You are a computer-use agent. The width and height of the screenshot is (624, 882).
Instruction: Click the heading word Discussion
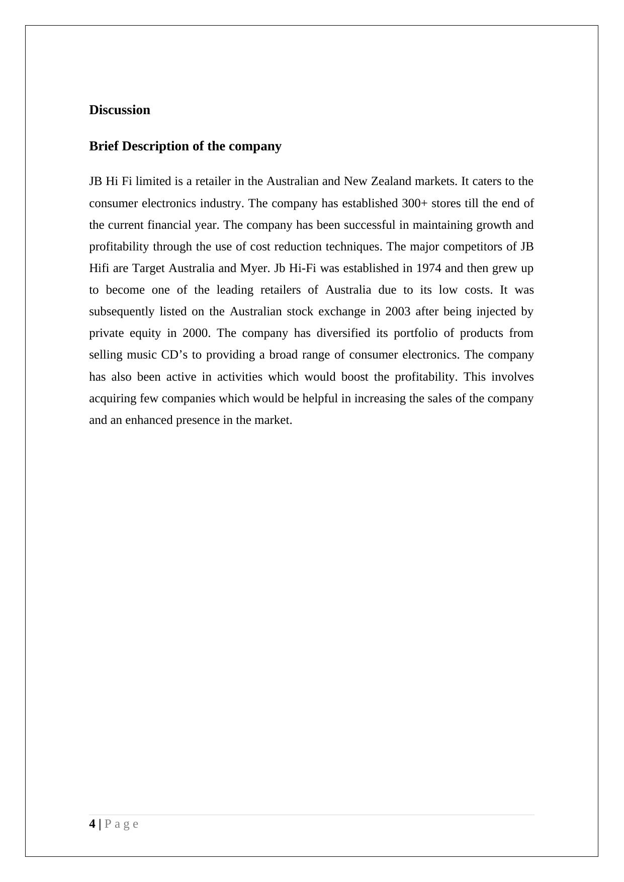tap(120, 110)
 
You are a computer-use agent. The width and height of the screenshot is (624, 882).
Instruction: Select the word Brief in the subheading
tap(104, 146)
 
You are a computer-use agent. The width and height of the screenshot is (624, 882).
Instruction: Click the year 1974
tap(429, 268)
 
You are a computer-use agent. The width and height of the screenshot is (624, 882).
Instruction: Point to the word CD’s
tap(174, 355)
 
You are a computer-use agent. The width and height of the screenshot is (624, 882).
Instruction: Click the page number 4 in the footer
tap(92, 824)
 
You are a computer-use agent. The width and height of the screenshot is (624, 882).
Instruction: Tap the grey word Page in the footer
tap(121, 824)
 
